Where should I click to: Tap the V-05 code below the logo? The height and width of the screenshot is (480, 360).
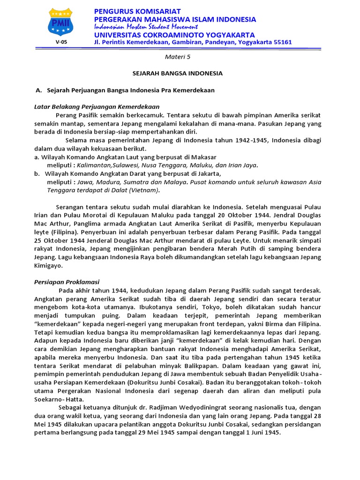(60, 42)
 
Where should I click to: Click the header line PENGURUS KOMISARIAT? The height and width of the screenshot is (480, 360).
(137, 11)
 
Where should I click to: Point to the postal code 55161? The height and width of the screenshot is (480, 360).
(281, 42)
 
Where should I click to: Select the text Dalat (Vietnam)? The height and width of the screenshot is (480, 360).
(136, 190)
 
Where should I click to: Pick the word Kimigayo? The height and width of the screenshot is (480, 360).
(49, 265)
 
